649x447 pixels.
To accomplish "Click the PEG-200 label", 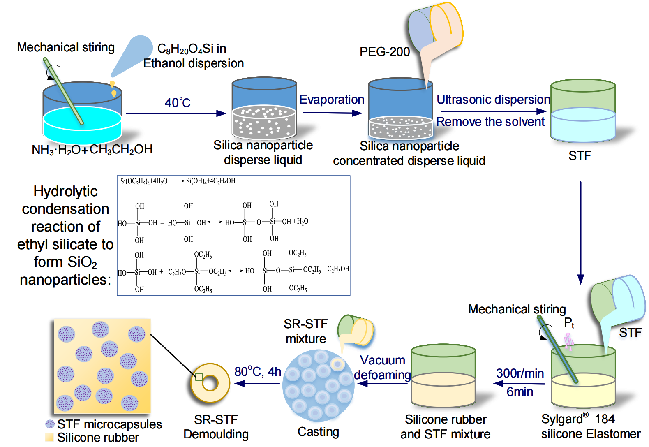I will point(384,52).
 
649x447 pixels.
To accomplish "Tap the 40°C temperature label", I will point(178,102).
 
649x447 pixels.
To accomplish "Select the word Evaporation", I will point(331,100).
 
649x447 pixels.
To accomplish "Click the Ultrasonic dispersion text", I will point(493,100).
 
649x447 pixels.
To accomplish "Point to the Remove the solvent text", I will point(490,122).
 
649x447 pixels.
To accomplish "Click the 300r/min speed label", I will point(520,373).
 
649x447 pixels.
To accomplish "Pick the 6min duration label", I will point(520,392).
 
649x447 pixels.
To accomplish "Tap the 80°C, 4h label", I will point(257,372).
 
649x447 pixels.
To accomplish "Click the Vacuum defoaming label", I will point(382,368).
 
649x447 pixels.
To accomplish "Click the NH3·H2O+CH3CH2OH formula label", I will point(92,149).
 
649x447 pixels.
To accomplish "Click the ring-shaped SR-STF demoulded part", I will point(210,383).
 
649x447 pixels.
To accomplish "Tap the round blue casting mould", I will point(318,385).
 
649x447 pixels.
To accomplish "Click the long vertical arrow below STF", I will point(580,232).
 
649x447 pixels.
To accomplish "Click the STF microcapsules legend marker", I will point(50,424).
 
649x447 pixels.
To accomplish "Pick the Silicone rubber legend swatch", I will point(49,437).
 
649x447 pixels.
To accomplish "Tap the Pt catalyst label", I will point(568,323).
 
